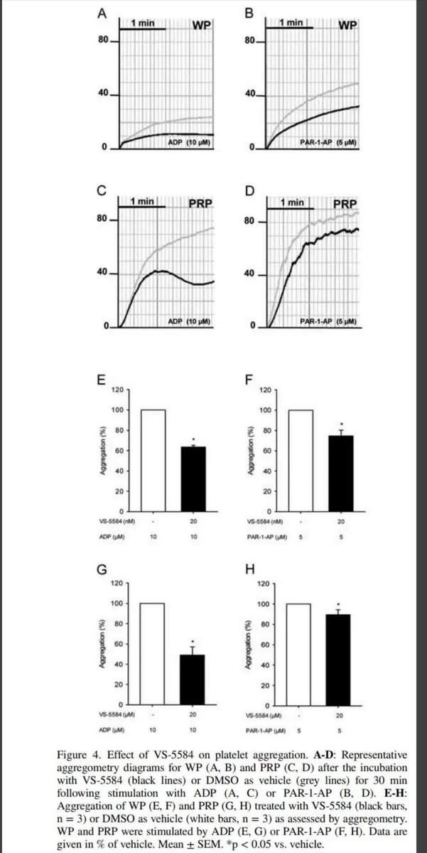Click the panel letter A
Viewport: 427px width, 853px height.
coord(103,13)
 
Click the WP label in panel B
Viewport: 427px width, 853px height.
coord(347,26)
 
